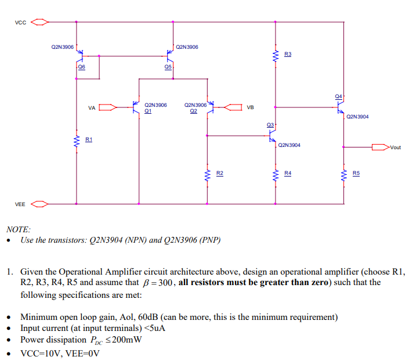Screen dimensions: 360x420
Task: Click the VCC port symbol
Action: click(39, 23)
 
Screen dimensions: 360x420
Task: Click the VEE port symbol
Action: click(39, 204)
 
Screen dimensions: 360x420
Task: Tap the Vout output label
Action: click(395, 147)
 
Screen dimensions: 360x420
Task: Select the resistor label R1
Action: click(89, 140)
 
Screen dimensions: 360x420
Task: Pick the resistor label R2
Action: click(219, 173)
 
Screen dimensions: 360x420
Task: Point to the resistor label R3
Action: click(288, 54)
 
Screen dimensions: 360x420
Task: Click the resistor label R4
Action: click(288, 173)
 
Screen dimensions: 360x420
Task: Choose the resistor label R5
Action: click(356, 173)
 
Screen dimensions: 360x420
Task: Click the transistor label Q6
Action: click(81, 67)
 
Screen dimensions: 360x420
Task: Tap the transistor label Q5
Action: click(168, 67)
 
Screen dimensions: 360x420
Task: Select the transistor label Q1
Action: click(148, 110)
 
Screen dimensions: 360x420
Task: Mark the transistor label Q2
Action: click(194, 110)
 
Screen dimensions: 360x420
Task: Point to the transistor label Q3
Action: click(270, 125)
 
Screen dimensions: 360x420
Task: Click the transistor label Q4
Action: click(338, 95)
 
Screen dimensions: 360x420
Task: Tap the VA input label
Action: click(92, 107)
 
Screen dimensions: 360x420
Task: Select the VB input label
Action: click(250, 107)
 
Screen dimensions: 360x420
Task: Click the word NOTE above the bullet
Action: click(18, 229)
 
